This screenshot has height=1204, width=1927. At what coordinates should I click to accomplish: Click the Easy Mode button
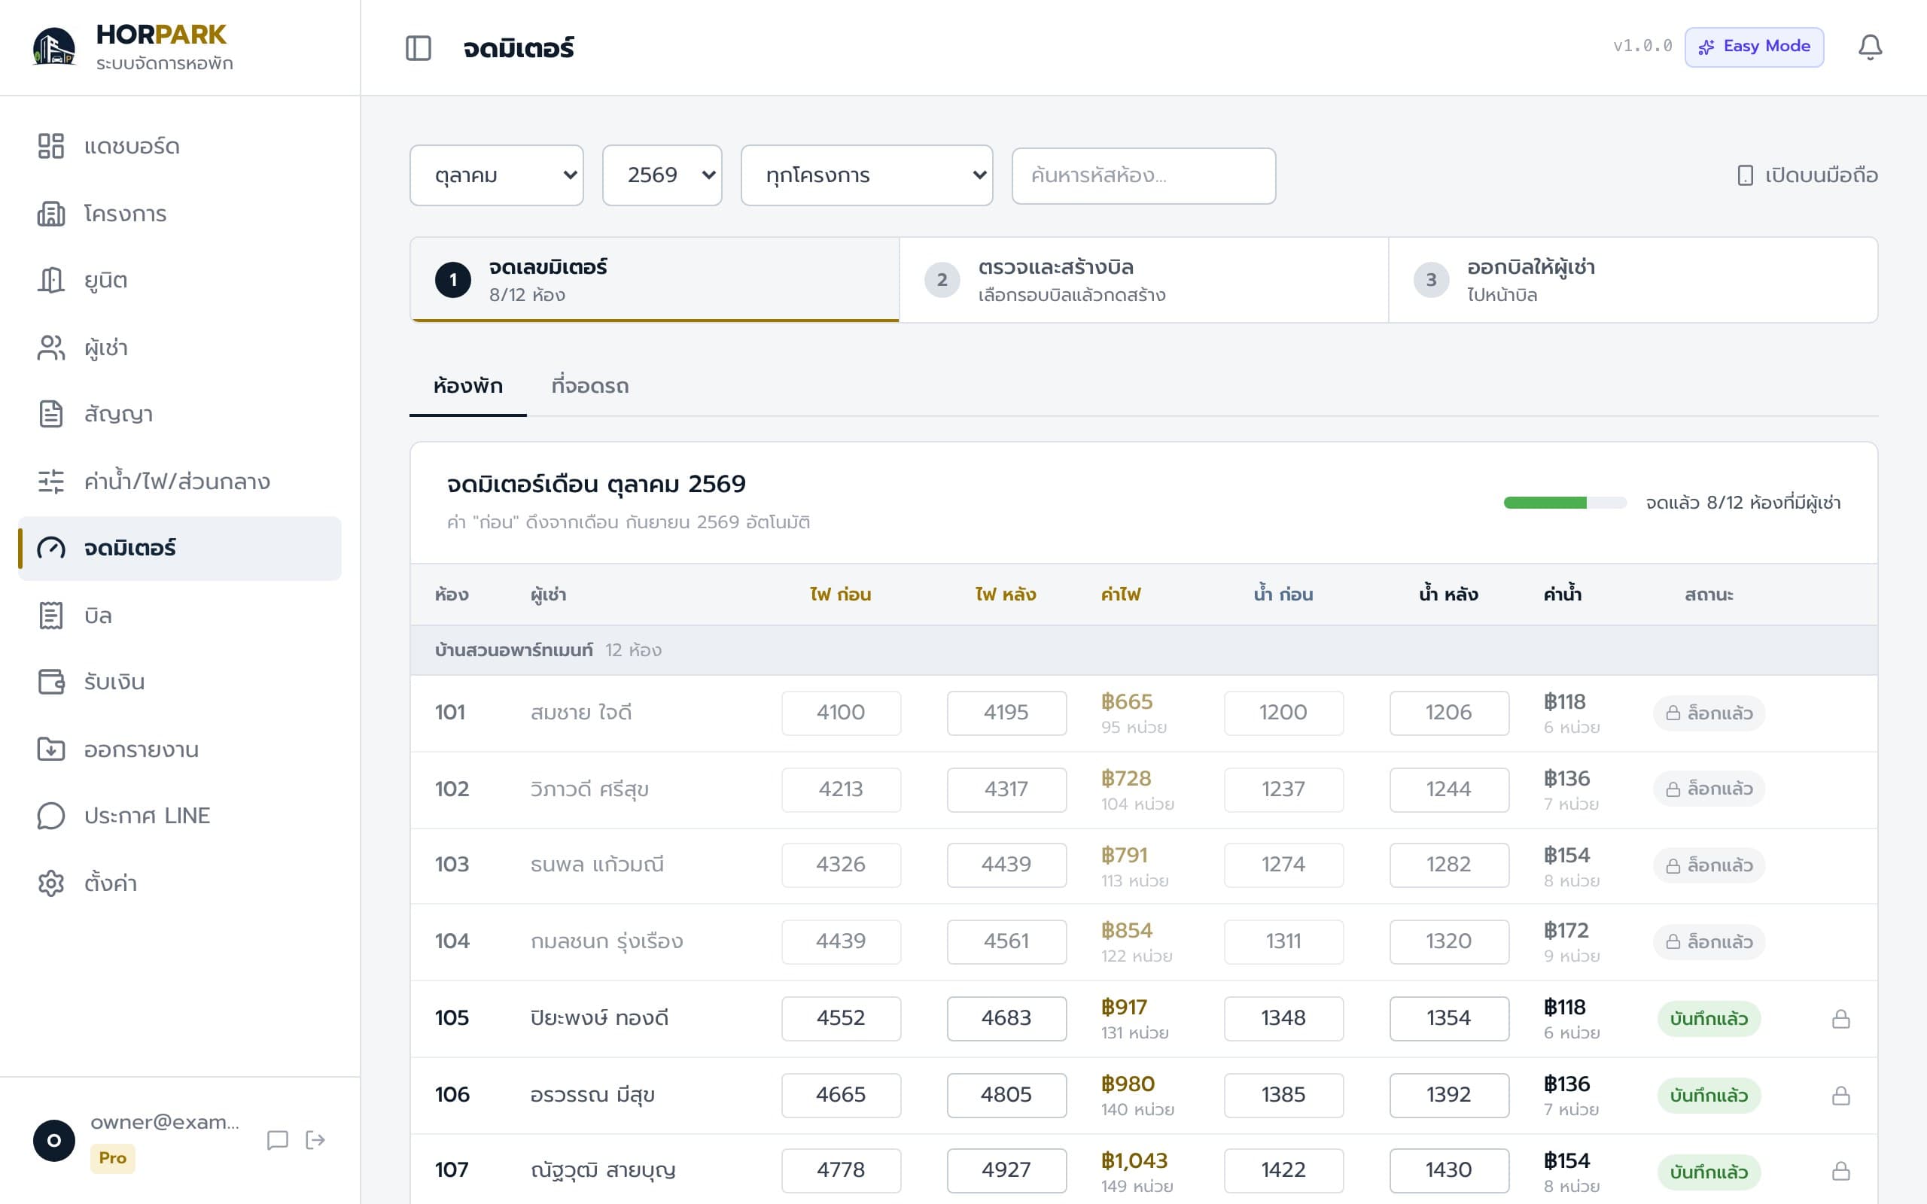1753,46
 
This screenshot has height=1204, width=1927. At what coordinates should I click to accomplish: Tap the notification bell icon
1870,47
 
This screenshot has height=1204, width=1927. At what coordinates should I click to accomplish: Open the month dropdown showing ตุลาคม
496,175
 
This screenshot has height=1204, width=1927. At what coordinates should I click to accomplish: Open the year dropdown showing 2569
662,175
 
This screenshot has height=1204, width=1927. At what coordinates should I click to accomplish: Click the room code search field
1143,175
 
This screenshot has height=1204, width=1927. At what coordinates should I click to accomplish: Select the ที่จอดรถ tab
590,386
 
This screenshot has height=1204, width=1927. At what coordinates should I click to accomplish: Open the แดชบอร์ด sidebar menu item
132,147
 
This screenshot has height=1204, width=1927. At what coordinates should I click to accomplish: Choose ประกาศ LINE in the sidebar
148,816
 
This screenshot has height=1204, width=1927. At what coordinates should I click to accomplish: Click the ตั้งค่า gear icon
51,883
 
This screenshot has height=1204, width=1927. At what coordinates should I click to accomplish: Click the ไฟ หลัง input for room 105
1006,1018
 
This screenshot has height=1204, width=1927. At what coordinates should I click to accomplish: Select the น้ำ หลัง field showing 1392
1449,1095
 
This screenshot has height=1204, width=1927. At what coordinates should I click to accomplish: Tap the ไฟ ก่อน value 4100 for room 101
841,713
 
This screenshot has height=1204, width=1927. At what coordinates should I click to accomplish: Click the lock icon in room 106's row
1840,1096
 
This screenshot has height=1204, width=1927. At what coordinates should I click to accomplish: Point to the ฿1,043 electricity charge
1134,1161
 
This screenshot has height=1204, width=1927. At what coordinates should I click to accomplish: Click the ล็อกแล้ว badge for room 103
1709,865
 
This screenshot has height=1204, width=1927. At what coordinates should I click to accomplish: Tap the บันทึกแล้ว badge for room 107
1709,1172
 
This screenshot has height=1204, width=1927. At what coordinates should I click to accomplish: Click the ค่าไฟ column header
1120,594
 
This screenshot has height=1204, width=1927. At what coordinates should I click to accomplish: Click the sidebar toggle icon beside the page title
418,47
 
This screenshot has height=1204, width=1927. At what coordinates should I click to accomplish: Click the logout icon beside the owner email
315,1140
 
